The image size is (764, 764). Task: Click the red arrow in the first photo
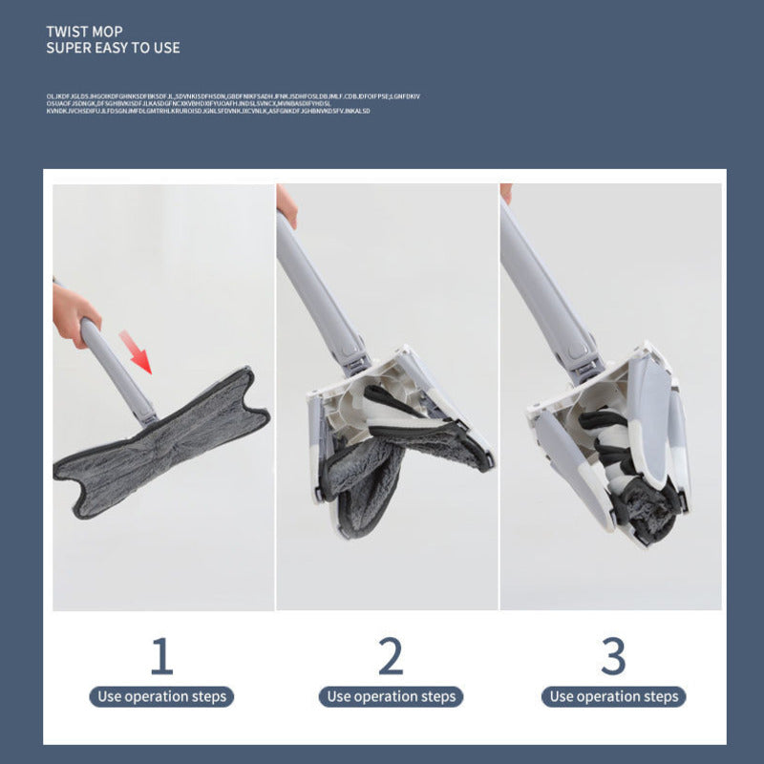tap(138, 351)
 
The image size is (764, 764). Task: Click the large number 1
tap(161, 657)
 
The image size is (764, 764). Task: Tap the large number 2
tap(391, 657)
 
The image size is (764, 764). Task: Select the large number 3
tap(613, 657)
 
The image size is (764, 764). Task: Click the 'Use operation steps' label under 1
tap(161, 696)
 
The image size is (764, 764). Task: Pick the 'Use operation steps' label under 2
tap(391, 696)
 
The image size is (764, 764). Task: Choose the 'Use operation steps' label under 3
tap(613, 696)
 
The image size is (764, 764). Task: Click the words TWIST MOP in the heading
tap(84, 32)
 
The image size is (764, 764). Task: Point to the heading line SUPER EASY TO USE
tap(113, 48)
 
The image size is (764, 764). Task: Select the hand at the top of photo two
tap(286, 203)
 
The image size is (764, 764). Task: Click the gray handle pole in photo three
tap(544, 277)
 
